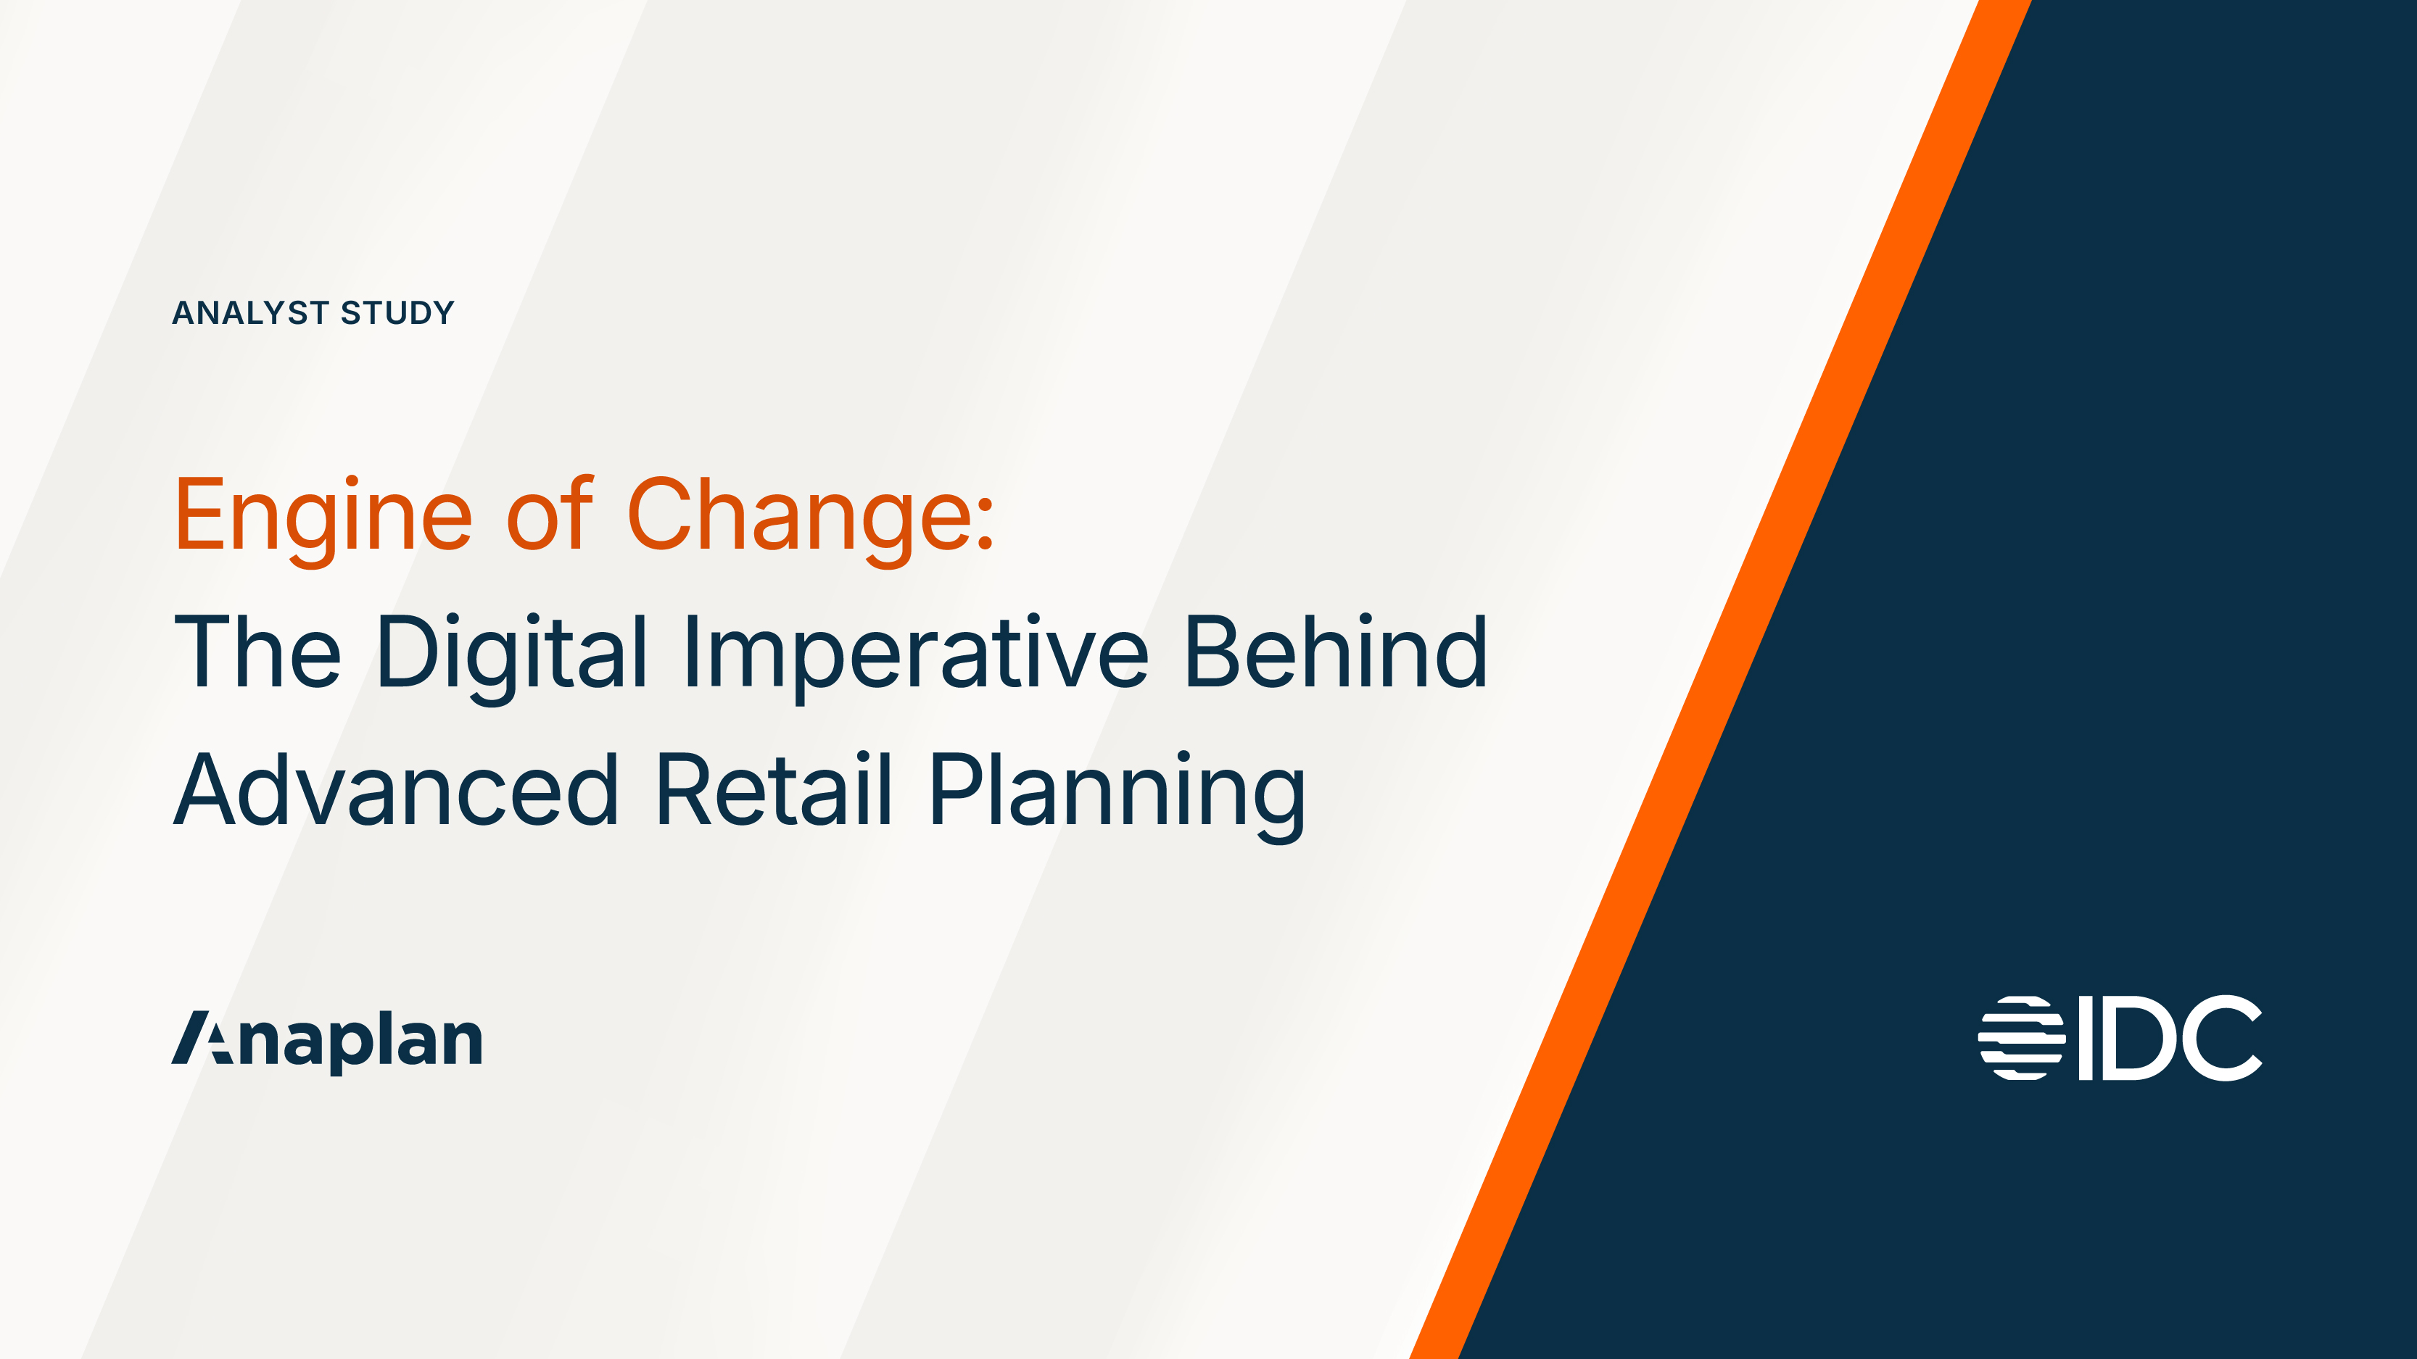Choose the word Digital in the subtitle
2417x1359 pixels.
[x=511, y=654]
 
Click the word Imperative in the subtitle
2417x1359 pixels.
[x=916, y=654]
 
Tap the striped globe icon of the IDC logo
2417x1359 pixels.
[x=2021, y=1038]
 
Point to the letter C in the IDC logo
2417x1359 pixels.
[x=2221, y=1038]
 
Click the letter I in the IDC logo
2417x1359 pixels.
[x=2085, y=1038]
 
